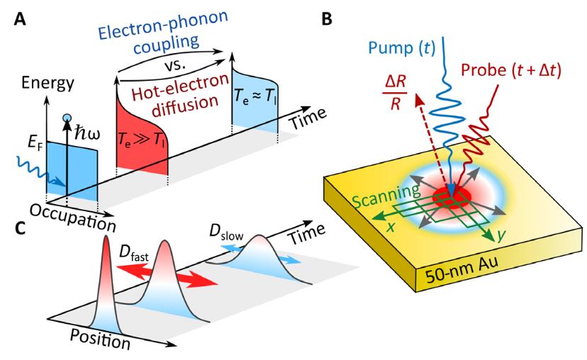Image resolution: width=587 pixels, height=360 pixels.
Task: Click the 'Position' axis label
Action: click(x=99, y=340)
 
